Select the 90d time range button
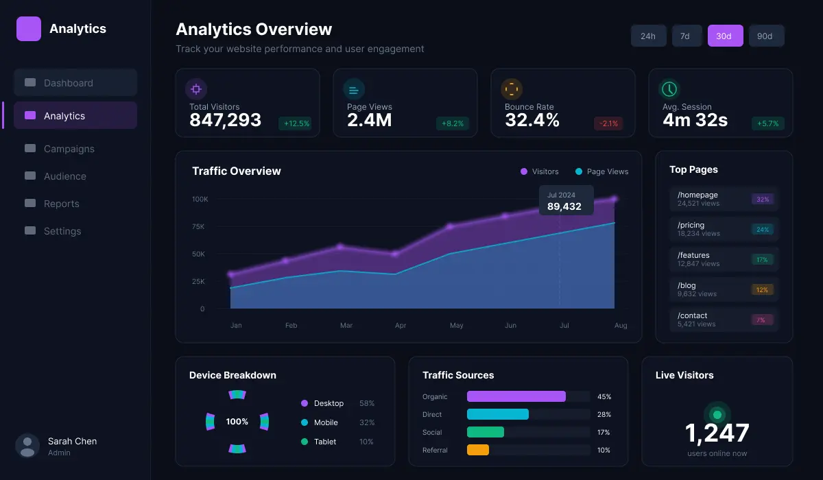(x=766, y=36)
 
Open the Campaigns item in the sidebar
(x=69, y=149)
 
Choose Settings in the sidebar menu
(x=62, y=231)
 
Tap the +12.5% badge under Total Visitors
(x=296, y=123)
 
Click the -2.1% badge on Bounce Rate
(x=608, y=123)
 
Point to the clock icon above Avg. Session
(x=669, y=89)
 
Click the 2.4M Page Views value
(x=369, y=121)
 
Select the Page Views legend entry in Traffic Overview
(x=601, y=171)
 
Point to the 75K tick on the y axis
(x=198, y=226)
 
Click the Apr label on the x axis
(x=401, y=326)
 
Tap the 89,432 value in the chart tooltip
(x=564, y=206)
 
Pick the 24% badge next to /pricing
(x=762, y=230)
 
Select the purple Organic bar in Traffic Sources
(x=516, y=396)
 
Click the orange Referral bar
(x=477, y=450)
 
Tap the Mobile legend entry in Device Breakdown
(x=326, y=422)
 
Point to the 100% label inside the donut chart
(x=237, y=422)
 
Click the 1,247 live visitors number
(x=717, y=433)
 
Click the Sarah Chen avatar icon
(x=27, y=446)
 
